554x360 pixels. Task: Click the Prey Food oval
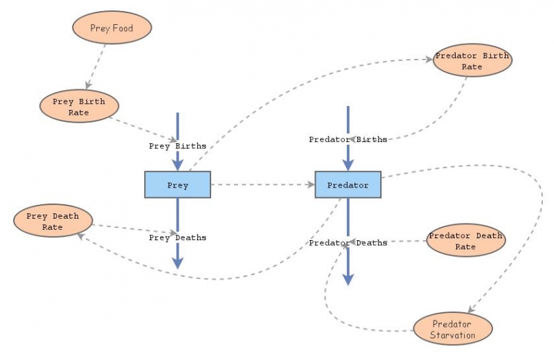click(112, 28)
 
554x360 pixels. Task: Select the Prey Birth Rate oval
click(79, 107)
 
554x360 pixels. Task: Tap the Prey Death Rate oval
click(53, 221)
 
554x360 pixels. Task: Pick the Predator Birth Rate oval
click(472, 61)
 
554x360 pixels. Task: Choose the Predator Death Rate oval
click(465, 241)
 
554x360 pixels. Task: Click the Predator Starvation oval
click(452, 329)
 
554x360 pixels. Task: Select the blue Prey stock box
click(177, 185)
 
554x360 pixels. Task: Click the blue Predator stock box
click(348, 185)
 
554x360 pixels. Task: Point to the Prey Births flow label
click(177, 146)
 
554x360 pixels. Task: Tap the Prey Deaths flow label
click(177, 237)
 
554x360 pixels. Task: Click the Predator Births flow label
click(348, 139)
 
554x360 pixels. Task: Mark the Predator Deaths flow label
click(348, 243)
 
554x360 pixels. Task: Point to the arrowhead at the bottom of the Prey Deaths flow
click(177, 263)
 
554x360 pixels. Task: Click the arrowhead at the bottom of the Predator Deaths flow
click(348, 279)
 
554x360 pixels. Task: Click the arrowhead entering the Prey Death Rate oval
click(81, 237)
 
